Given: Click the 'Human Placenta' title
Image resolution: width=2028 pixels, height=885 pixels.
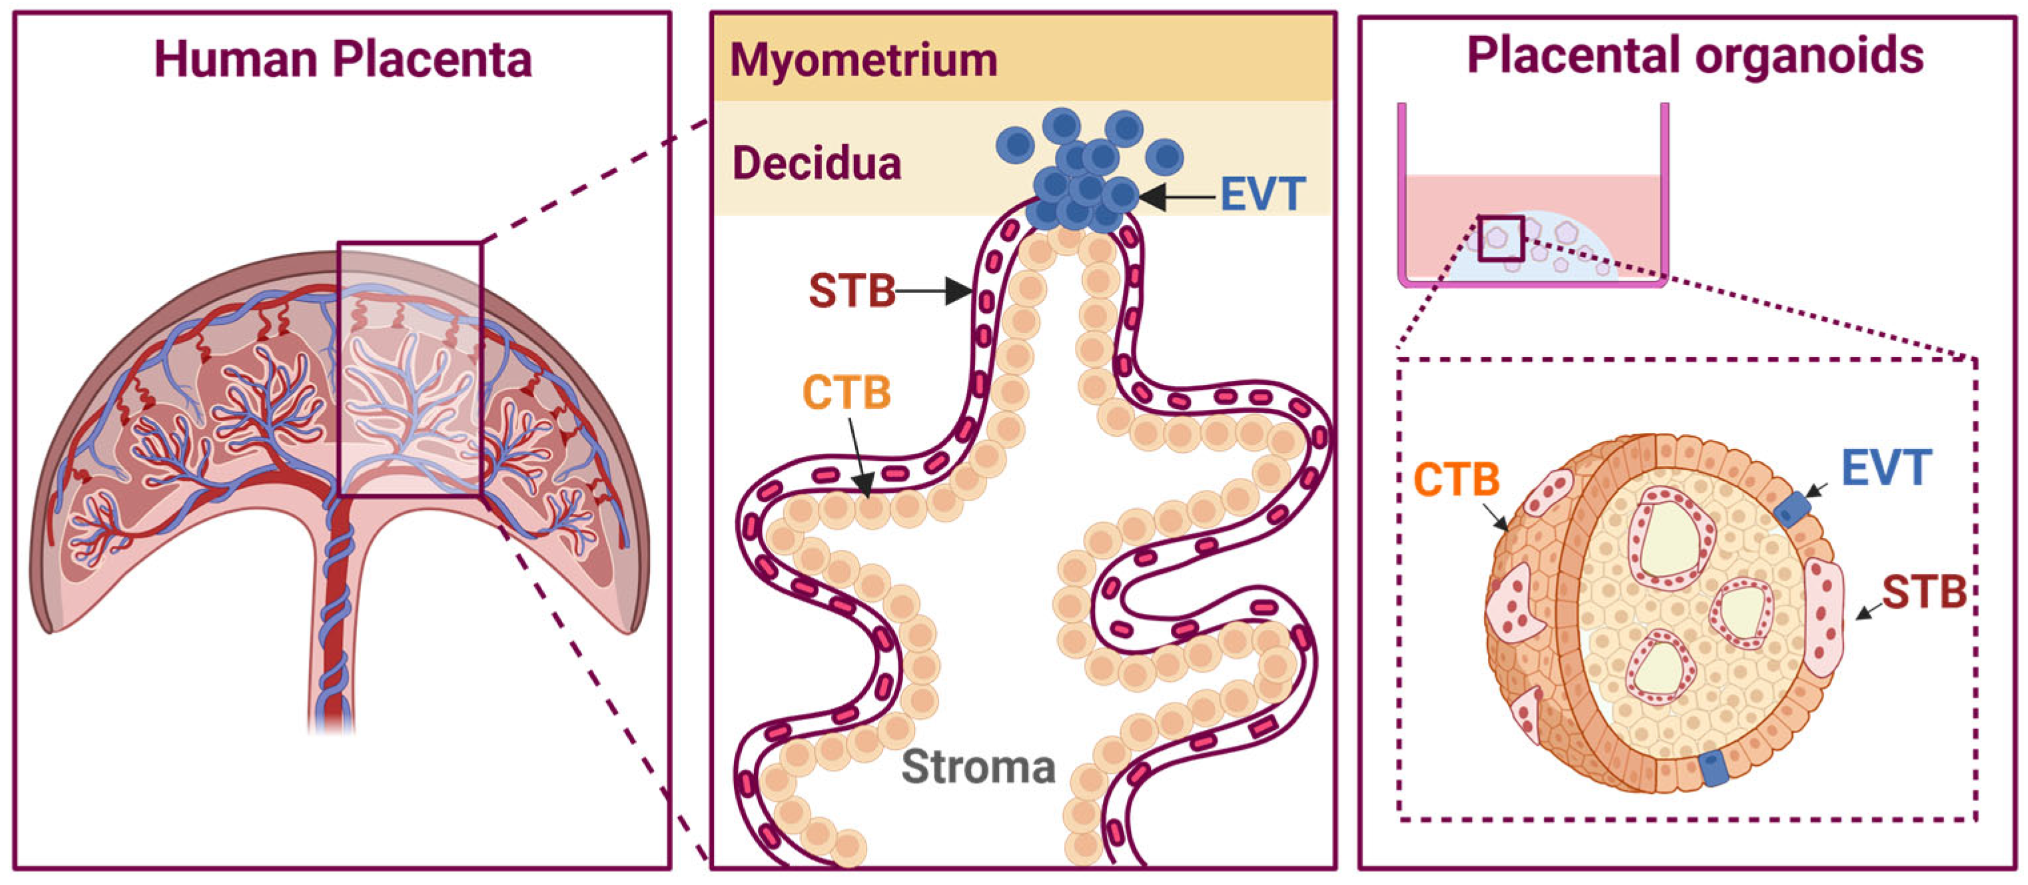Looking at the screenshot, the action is pos(343,59).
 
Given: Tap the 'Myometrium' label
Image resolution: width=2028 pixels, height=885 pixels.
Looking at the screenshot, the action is pos(864,60).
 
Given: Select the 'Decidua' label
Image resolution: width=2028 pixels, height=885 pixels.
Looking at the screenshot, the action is pos(817,164).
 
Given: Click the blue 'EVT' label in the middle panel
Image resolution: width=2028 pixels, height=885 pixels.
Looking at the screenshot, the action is pos(1263,194).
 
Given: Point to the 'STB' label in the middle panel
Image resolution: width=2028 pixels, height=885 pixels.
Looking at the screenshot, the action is pos(852,291).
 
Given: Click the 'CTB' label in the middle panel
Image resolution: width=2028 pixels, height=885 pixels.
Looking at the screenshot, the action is pos(846,392).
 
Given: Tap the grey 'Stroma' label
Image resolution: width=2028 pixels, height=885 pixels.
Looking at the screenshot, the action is pos(978,766).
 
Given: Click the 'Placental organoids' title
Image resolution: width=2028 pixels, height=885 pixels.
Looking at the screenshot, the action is pos(1695,55).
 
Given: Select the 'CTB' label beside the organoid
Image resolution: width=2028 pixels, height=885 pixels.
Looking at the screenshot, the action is pos(1457,479).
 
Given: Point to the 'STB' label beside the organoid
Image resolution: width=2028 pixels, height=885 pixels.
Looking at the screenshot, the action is pos(1924,592).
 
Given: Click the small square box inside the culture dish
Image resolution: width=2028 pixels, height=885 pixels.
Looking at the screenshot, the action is pos(1501,239).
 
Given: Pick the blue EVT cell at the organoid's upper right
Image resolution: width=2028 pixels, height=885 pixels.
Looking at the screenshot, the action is pos(1792,509).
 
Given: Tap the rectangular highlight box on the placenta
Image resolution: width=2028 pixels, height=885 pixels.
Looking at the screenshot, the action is pos(410,368).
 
